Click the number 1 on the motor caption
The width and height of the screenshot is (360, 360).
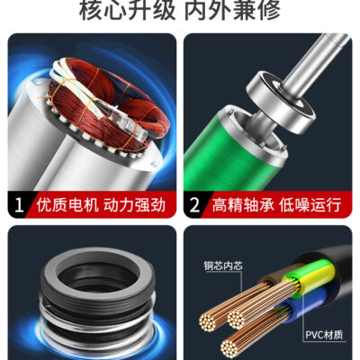18,205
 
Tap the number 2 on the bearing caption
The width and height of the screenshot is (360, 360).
194,205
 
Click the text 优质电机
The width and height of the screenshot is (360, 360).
67,205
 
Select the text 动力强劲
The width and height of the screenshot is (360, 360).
135,205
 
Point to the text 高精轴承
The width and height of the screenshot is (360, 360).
243,205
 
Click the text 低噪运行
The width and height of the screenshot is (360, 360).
310,205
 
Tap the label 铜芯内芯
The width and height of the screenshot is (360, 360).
223,265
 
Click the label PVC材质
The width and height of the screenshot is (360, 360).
324,335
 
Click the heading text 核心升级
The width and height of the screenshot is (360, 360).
127,10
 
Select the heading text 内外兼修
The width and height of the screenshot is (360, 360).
232,10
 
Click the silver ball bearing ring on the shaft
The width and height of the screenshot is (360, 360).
281,102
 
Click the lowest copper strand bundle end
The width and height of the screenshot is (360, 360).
230,346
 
